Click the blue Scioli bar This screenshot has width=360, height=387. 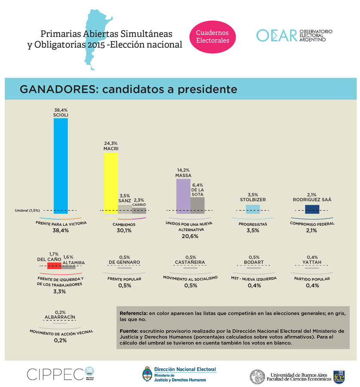[x=60, y=166]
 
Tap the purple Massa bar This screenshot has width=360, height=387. [x=183, y=196]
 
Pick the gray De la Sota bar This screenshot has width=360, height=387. [x=197, y=205]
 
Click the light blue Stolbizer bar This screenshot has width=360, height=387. [x=252, y=209]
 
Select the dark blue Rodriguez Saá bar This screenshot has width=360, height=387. [x=312, y=209]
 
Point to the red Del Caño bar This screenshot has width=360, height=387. [x=54, y=266]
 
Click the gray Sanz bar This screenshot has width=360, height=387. [x=125, y=209]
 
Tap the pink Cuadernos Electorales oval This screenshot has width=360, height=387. [x=212, y=37]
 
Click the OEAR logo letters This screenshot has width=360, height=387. [x=277, y=36]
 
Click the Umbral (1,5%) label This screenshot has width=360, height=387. [x=28, y=210]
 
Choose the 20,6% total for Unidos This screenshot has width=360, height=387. [x=190, y=236]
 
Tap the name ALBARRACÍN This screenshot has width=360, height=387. [x=60, y=317]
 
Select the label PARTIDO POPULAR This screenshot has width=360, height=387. [x=312, y=278]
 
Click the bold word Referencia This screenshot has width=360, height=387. [x=134, y=313]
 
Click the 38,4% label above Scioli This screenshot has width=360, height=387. [x=61, y=110]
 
